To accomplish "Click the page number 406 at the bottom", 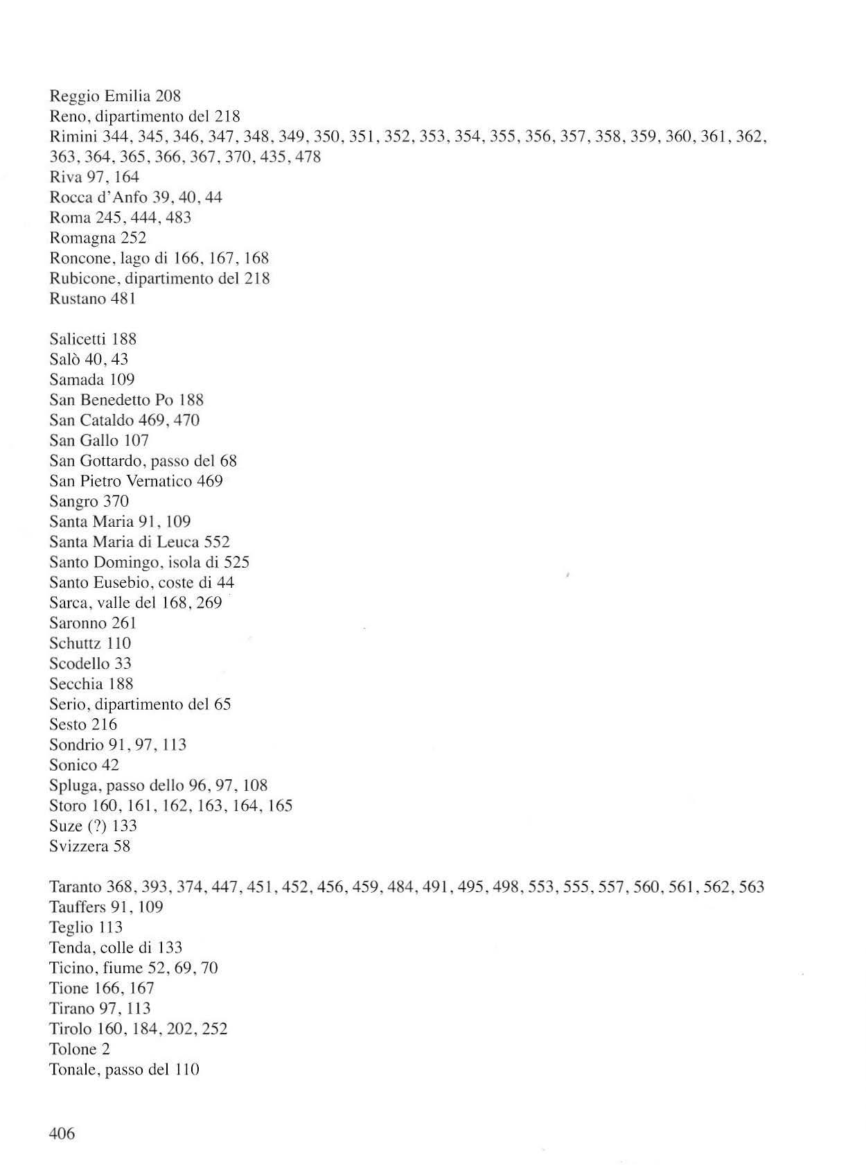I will pos(62,1134).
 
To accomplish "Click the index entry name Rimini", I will pos(73,137).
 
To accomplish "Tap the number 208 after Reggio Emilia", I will pos(168,96).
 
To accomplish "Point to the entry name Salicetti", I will pos(78,339).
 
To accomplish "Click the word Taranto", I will pos(76,887).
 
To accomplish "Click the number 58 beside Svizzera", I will pos(122,846).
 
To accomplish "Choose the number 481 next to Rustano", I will pos(123,299).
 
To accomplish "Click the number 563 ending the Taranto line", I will pos(751,887).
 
